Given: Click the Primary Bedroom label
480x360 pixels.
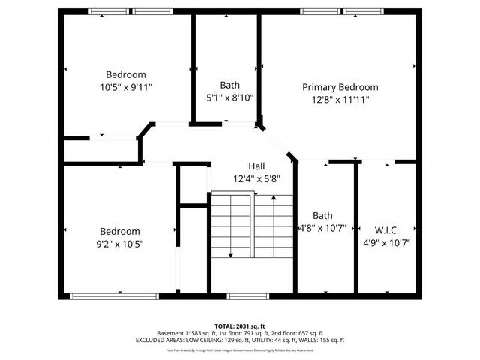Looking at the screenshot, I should click(x=340, y=87).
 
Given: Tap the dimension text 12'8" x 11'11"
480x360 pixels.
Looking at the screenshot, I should click(x=340, y=99).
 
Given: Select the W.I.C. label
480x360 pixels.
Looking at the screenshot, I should click(x=386, y=229).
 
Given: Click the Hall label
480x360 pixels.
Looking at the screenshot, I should click(x=256, y=166).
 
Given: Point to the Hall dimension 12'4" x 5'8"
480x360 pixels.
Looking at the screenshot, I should click(x=256, y=178).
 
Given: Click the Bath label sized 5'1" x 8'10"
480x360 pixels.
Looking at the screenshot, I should click(x=229, y=85).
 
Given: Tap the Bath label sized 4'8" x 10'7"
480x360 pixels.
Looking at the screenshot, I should click(x=322, y=214).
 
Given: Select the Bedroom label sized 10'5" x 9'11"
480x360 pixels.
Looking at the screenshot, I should click(x=125, y=74).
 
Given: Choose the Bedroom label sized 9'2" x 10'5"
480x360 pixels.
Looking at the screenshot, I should click(x=120, y=231).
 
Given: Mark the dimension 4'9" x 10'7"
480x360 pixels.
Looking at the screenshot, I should click(x=386, y=242).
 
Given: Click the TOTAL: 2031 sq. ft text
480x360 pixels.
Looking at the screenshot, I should click(x=240, y=325).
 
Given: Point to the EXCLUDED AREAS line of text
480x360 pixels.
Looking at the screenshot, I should click(x=240, y=340).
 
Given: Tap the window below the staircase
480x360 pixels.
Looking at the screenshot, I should click(x=242, y=296).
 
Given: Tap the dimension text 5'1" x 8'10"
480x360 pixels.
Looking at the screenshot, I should click(x=229, y=97).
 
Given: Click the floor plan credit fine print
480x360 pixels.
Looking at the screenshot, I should click(x=240, y=350).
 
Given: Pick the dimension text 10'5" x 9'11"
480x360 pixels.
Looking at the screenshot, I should click(x=125, y=87).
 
